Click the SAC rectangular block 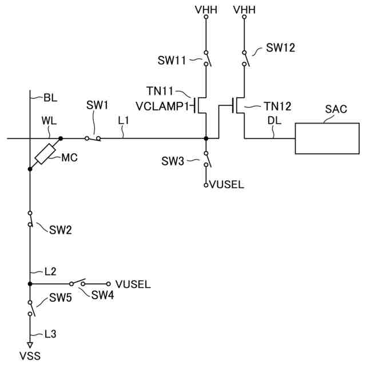[x=327, y=138]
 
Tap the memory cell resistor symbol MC [x=46, y=154]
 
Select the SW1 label [x=97, y=105]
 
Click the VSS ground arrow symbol [x=30, y=345]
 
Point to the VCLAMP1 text [x=162, y=106]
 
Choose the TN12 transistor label [x=277, y=106]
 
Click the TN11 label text [x=160, y=91]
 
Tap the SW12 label [x=281, y=48]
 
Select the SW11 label [x=172, y=61]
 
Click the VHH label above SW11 [x=206, y=10]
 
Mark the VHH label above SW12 [x=244, y=10]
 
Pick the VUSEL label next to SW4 [x=133, y=284]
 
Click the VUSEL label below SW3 [x=227, y=185]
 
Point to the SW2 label [x=61, y=230]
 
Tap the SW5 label [x=61, y=298]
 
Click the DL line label [x=274, y=121]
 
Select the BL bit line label [x=50, y=98]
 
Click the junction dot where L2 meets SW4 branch [x=30, y=284]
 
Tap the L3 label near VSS [x=50, y=334]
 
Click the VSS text [x=30, y=356]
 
